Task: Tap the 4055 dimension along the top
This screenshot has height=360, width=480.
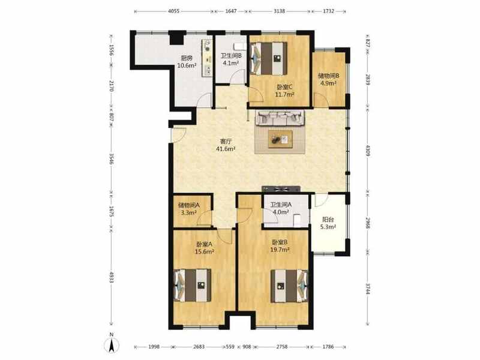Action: (173, 11)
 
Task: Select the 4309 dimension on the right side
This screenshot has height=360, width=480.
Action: (368, 151)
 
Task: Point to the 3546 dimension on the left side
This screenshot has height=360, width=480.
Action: (112, 159)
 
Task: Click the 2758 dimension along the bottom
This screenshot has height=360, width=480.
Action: (282, 347)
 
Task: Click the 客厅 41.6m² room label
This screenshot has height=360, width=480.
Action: (226, 145)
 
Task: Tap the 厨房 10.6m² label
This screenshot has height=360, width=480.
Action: (187, 62)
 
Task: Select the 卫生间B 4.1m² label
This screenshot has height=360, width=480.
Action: (231, 59)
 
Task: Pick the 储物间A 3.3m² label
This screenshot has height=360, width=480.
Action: (189, 209)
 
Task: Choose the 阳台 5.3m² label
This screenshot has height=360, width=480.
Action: (328, 223)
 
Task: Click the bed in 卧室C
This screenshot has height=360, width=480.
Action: (268, 58)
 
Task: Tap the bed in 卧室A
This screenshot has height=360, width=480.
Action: (192, 286)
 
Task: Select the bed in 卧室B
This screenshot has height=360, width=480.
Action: (289, 286)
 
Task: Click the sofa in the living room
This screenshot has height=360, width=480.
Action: (280, 118)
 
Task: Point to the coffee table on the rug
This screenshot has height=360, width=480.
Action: (280, 139)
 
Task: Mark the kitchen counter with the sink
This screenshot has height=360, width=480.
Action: (207, 58)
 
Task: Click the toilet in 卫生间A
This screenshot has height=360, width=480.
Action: (297, 220)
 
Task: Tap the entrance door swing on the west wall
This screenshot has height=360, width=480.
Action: (179, 134)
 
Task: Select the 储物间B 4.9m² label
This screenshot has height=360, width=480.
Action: (328, 79)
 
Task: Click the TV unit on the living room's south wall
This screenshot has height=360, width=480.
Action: (281, 189)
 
